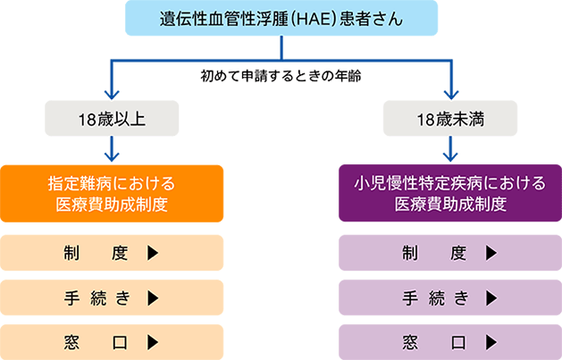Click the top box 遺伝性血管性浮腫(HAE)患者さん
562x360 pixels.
tap(281, 18)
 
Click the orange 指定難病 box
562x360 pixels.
tap(112, 194)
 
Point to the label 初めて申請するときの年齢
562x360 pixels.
tap(280, 76)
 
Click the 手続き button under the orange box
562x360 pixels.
tap(112, 297)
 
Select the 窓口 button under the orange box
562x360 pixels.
tap(112, 341)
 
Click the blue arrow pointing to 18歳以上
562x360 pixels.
tap(112, 85)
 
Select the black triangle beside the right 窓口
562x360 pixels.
tap(491, 341)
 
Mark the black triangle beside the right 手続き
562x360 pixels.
tap(491, 297)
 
